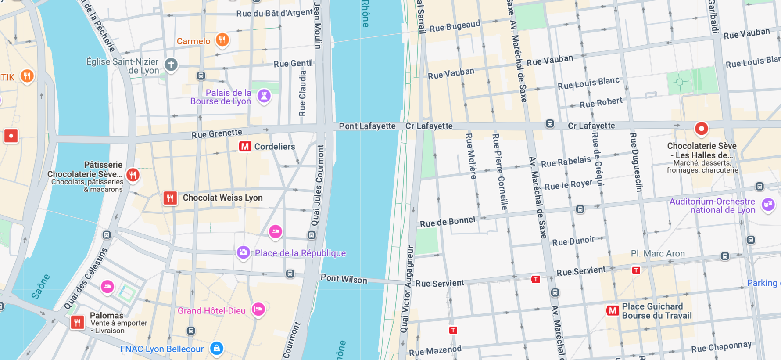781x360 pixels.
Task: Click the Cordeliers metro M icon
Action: [244, 146]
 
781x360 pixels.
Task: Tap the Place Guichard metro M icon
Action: [613, 311]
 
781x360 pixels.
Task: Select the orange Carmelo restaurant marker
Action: [222, 40]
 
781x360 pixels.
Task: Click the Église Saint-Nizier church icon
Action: [171, 65]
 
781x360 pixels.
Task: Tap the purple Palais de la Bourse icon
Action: [264, 95]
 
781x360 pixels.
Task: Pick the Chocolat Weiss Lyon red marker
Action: [170, 198]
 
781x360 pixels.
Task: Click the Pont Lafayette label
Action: [367, 126]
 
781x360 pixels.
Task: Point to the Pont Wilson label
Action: [344, 279]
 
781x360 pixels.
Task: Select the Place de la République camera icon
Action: [243, 252]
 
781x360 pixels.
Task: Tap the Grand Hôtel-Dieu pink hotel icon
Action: [258, 309]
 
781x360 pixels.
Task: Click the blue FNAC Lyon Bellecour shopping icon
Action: [216, 348]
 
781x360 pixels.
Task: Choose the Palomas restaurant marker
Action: [77, 322]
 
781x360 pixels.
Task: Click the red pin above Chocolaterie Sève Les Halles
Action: [701, 129]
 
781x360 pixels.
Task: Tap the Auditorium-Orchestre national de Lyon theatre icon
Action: [768, 204]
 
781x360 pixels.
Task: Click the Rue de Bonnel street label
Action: [447, 222]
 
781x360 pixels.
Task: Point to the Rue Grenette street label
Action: [217, 133]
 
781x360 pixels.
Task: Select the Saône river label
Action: [40, 286]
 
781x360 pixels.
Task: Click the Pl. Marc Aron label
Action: [657, 253]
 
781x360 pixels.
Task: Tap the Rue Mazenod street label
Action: [435, 350]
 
